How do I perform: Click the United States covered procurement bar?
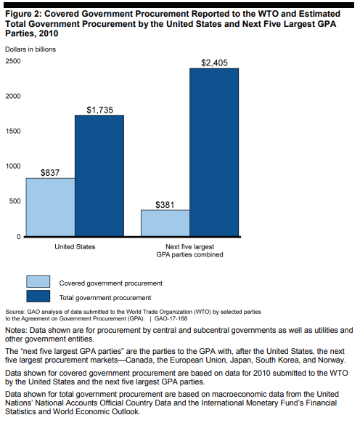pos(50,207)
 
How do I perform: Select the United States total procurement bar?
pos(99,176)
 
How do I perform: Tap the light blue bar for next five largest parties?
pos(165,223)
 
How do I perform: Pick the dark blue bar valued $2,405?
pos(214,153)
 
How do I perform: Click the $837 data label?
pos(50,172)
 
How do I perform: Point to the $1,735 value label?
pos(99,110)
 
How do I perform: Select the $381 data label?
pos(165,204)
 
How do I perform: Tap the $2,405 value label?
pos(214,62)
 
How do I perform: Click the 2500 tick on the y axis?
pos(13,61)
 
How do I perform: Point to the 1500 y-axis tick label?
pos(13,132)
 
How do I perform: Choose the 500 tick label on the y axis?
pos(15,201)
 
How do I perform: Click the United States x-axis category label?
pos(75,247)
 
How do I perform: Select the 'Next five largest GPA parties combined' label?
pos(189,251)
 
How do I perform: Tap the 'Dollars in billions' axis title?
pos(30,49)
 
